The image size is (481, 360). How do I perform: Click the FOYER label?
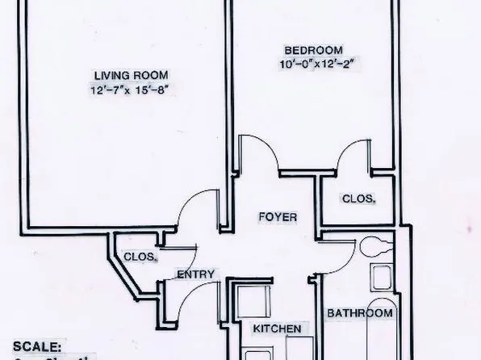click(x=278, y=217)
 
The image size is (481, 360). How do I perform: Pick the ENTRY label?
click(x=196, y=274)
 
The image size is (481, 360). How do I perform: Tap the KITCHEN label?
click(x=277, y=329)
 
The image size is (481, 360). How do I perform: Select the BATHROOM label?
click(x=360, y=313)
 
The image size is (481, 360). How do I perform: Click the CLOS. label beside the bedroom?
click(x=359, y=198)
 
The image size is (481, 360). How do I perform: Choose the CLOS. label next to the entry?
click(x=140, y=257)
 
